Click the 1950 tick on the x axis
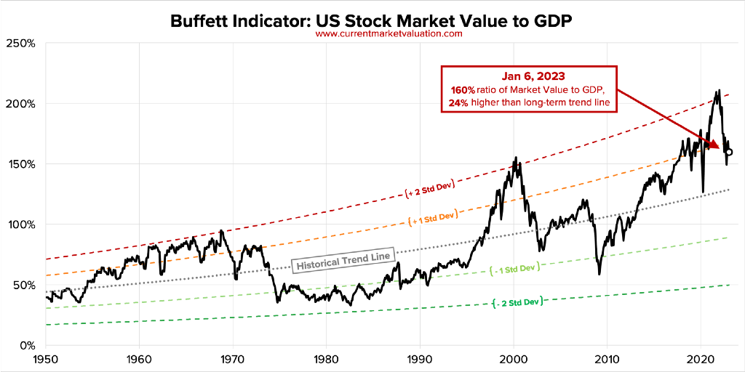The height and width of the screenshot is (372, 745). (46, 359)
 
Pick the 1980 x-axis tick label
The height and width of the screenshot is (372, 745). (326, 359)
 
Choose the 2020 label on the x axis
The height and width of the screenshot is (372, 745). (700, 359)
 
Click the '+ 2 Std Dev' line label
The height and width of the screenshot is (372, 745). (431, 190)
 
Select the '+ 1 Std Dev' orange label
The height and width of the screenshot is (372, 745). (434, 217)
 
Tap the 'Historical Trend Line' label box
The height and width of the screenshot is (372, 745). (343, 259)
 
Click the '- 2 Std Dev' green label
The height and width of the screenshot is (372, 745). (517, 302)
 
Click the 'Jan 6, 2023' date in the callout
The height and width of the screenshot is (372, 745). (528, 76)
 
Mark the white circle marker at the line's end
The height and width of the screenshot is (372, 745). (728, 153)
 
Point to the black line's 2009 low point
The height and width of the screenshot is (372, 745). (599, 273)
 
